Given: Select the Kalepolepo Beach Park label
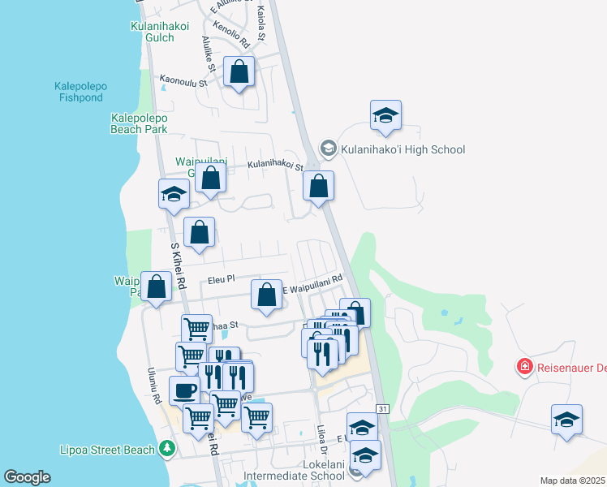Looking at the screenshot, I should [139, 123].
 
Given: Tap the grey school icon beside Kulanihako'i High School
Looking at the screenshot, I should [328, 148].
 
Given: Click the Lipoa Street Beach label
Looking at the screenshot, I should [108, 449].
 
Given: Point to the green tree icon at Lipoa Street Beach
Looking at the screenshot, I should [167, 448].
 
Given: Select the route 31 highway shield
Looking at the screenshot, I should [383, 408].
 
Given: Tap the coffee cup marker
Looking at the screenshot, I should [184, 390].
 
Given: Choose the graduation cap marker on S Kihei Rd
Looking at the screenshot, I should [174, 194].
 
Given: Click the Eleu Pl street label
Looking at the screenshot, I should [221, 279].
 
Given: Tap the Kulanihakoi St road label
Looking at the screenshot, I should [275, 165].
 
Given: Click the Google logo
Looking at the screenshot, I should [27, 477].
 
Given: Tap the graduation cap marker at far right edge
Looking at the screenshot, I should [566, 420].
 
